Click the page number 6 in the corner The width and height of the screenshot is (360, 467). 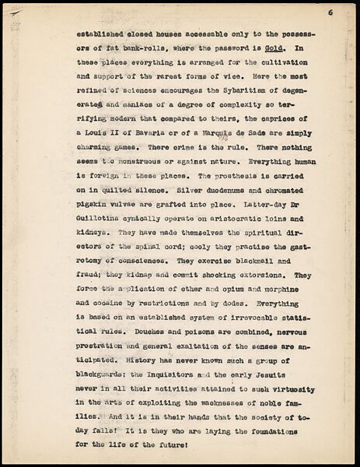pos(330,12)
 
